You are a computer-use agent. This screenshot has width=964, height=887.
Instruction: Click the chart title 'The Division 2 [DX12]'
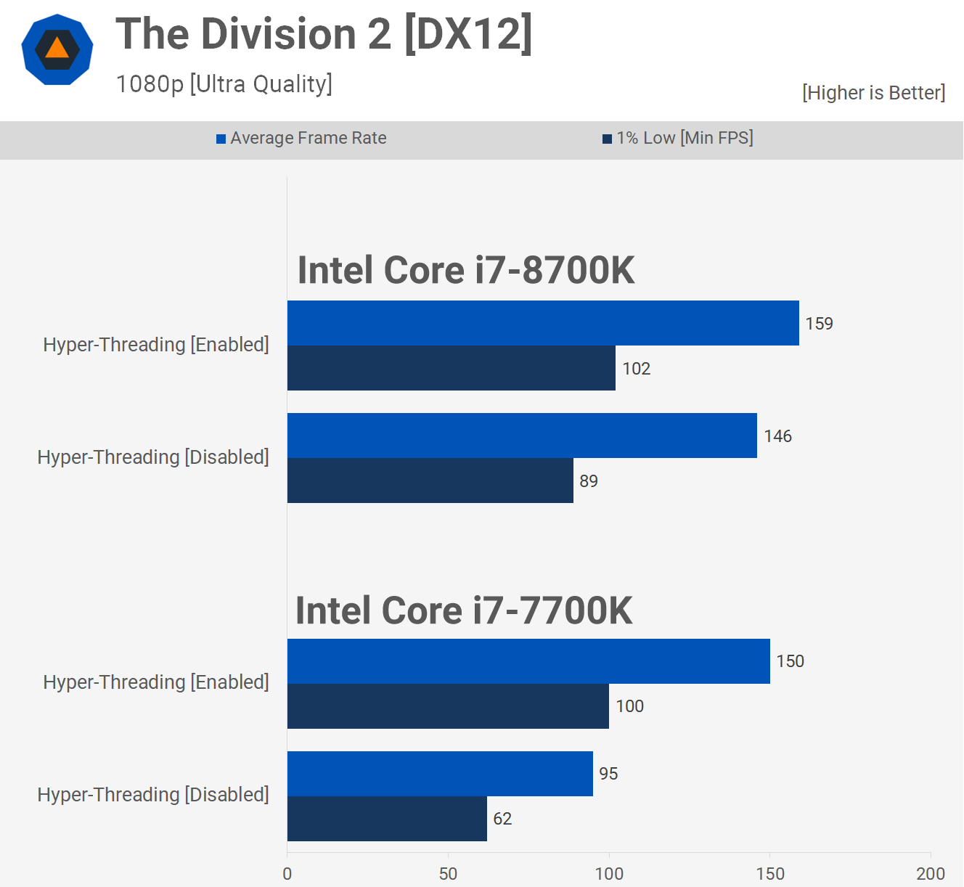point(324,34)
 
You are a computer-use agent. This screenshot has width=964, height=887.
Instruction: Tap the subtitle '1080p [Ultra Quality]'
point(224,84)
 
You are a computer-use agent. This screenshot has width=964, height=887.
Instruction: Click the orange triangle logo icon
point(57,49)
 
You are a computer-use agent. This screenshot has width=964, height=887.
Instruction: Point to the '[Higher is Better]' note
point(873,93)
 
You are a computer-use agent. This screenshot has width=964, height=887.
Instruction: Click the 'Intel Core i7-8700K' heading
point(466,270)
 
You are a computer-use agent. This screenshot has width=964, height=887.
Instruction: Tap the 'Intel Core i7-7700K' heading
point(464,610)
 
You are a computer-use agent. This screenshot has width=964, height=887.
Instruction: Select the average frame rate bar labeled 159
point(543,323)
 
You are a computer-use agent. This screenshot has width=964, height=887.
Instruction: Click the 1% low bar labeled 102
point(451,368)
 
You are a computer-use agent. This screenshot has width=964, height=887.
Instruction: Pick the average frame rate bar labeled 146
point(522,436)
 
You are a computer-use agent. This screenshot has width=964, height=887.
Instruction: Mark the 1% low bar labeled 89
point(430,481)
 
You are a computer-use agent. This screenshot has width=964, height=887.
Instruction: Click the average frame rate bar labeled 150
point(528,661)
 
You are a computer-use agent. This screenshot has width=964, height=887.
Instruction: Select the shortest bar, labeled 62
point(387,819)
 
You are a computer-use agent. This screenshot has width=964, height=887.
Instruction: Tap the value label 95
point(608,774)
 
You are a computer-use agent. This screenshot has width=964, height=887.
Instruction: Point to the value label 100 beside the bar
point(629,706)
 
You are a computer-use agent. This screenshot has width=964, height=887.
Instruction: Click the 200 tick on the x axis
point(930,873)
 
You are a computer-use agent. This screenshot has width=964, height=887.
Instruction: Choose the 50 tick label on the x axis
point(448,873)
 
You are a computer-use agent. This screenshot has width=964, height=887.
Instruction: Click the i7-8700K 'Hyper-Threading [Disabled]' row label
point(153,457)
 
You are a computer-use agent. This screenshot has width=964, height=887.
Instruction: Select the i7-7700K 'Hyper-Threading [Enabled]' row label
point(156,682)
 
